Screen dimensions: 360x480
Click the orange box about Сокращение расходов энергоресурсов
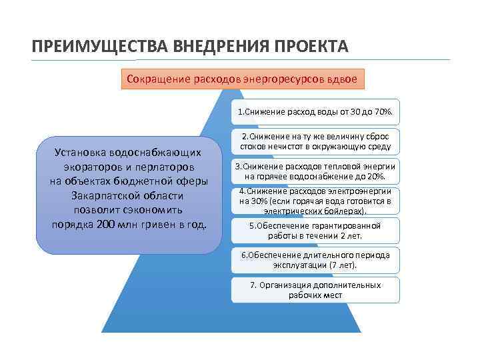pos(242,79)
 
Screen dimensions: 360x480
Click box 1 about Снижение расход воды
pos(315,112)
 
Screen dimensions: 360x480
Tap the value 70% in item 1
pos(383,112)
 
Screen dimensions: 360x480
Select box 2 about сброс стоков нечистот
pos(315,141)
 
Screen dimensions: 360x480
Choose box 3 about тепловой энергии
pos(315,171)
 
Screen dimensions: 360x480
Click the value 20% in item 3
pos(376,176)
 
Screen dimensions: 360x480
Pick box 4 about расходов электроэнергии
pos(315,201)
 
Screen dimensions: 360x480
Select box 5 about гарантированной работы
pos(315,231)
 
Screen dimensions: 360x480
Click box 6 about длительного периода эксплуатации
pos(315,260)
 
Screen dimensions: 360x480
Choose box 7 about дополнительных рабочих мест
pos(315,289)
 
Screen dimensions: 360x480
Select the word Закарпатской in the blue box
pos(102,195)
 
